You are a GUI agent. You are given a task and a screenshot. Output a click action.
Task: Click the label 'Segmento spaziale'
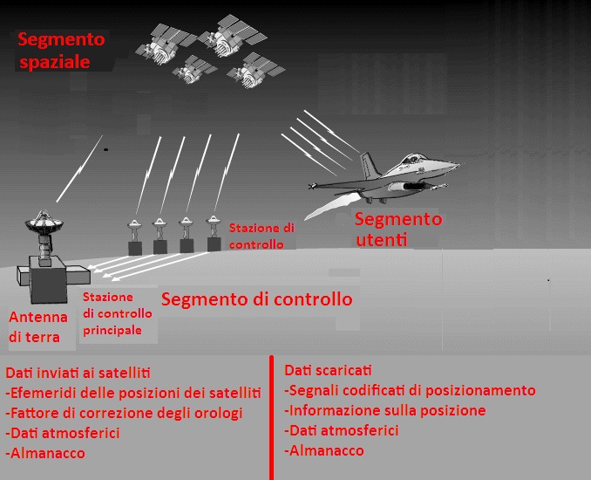tap(61, 51)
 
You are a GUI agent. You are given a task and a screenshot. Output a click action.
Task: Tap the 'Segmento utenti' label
tap(398, 229)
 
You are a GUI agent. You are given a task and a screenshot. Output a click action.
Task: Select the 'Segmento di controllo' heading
tap(256, 298)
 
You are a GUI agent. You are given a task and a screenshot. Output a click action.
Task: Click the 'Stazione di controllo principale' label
tap(117, 313)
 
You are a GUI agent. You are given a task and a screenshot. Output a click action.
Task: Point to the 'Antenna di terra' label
tap(38, 326)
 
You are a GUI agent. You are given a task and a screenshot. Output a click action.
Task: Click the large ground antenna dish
tap(44, 223)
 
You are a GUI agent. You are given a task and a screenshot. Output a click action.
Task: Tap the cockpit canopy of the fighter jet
tap(411, 158)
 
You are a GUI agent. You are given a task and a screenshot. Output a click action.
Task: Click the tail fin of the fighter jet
tap(370, 164)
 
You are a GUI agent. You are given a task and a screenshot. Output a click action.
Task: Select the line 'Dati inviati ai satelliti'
tap(78, 373)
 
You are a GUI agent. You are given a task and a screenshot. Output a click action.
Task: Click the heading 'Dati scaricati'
tap(328, 370)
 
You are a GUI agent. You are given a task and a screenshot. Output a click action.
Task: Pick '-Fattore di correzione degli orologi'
tap(124, 413)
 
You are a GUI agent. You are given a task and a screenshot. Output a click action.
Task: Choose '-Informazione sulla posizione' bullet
tap(384, 410)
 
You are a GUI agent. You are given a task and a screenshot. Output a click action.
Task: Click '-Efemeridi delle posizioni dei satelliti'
tap(133, 393)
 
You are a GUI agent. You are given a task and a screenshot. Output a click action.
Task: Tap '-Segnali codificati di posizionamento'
tap(410, 391)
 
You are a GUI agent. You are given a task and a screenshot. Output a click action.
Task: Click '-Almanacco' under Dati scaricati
tap(324, 450)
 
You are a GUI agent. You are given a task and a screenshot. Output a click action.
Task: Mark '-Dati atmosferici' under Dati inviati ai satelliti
tap(63, 433)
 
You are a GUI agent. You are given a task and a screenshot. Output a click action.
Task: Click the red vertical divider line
tap(271, 417)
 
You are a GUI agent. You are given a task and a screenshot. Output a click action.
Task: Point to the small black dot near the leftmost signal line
tap(106, 150)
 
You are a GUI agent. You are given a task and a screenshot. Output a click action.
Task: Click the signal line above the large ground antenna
tap(79, 168)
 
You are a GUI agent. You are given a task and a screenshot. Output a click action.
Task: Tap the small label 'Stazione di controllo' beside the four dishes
tap(262, 237)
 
